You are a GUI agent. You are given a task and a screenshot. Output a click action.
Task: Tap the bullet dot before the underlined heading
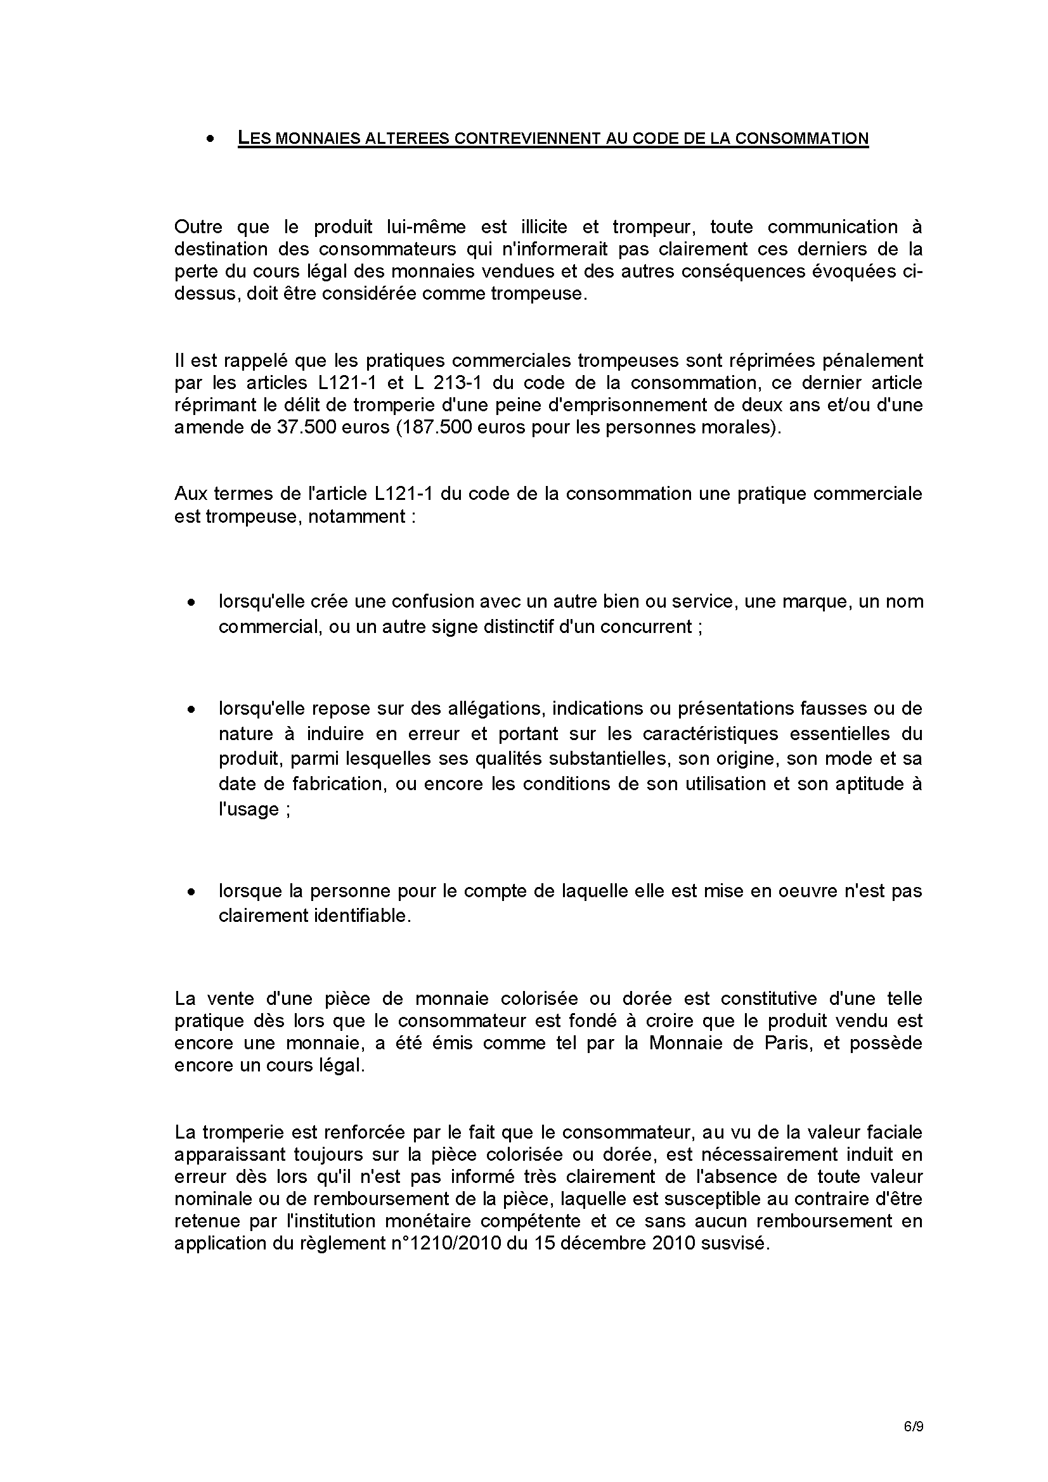(210, 139)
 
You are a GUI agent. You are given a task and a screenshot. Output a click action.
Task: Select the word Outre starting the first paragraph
(198, 227)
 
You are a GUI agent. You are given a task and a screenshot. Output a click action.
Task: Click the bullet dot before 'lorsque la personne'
(191, 892)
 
